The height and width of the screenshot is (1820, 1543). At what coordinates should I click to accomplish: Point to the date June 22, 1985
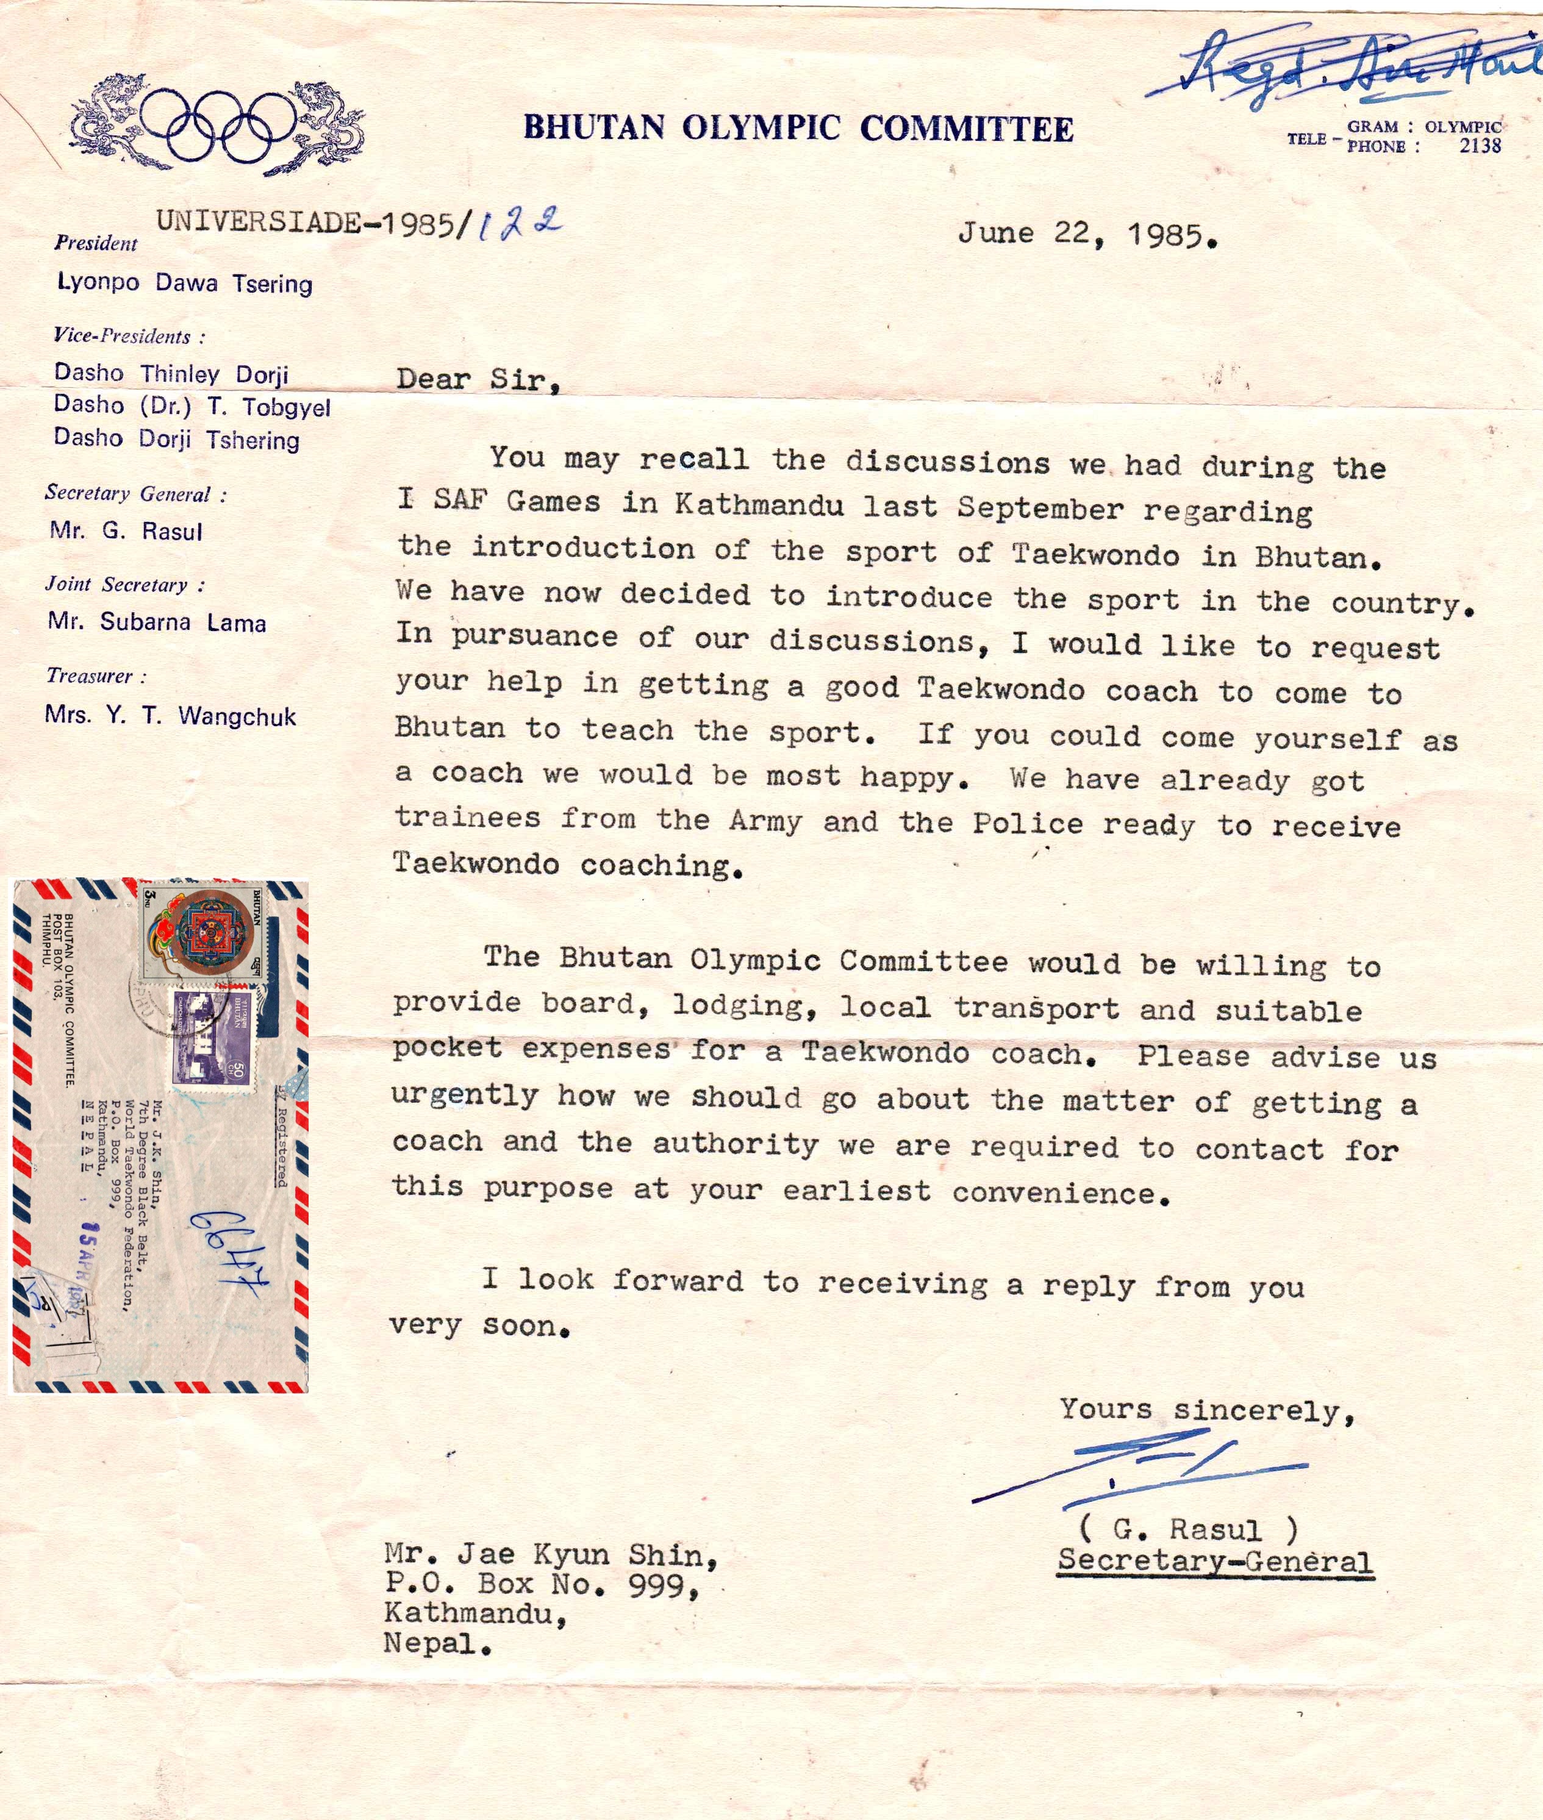pos(1087,234)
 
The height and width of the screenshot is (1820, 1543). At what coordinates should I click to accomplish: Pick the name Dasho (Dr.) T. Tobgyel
pos(192,406)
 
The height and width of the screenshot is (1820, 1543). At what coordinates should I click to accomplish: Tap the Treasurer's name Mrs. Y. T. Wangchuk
pos(171,716)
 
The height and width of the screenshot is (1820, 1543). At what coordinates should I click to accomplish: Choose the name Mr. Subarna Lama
pos(157,622)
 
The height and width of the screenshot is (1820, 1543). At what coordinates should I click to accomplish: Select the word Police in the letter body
pos(1028,823)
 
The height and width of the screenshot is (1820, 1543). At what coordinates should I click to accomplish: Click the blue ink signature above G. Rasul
pos(1137,1469)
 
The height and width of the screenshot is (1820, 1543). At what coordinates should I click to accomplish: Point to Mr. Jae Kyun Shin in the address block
pos(551,1554)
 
